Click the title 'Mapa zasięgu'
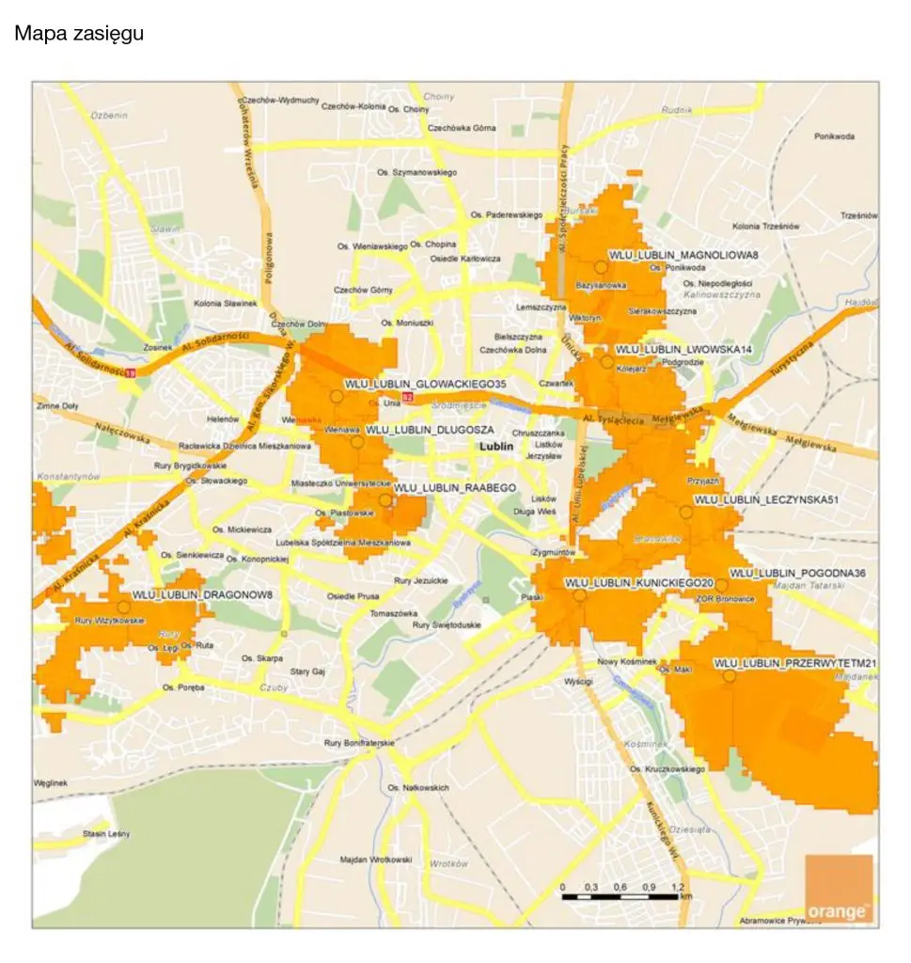(x=78, y=35)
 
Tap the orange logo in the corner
(x=839, y=889)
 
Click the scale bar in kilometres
(x=620, y=896)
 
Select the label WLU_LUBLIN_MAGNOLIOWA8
(x=683, y=255)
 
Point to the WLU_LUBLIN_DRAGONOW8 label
(x=201, y=595)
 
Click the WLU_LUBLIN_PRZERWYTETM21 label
(x=795, y=664)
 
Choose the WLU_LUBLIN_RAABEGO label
(x=456, y=488)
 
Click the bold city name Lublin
(x=496, y=448)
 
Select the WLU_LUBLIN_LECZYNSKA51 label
(x=765, y=499)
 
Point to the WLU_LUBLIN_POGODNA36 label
(x=797, y=573)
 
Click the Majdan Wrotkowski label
(x=376, y=860)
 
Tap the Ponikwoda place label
(x=834, y=136)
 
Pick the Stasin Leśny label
(x=105, y=834)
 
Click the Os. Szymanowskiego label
(x=416, y=173)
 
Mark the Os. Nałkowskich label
(x=418, y=787)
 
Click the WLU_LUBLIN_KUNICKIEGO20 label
(x=639, y=583)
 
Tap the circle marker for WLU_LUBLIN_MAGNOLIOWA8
(x=600, y=268)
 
